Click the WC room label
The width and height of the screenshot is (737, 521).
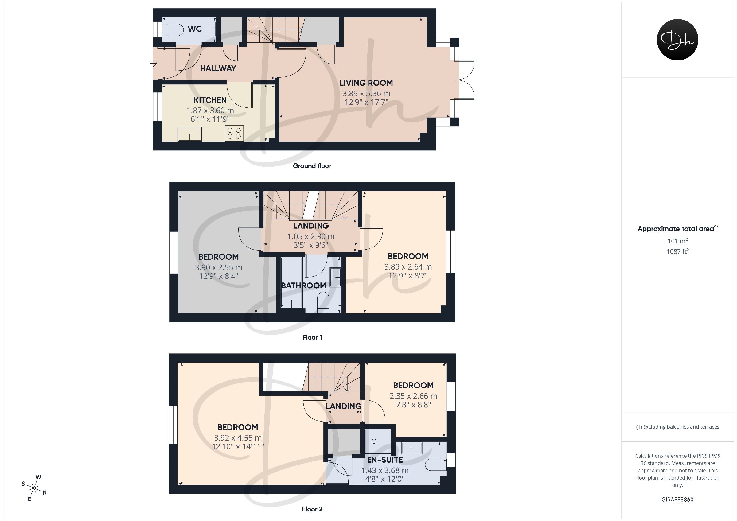tap(194, 29)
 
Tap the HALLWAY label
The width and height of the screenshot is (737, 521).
tap(218, 68)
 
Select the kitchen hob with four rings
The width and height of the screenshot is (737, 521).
tap(234, 133)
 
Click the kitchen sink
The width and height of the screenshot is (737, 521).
tap(190, 134)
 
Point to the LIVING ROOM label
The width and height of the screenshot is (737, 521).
tap(366, 83)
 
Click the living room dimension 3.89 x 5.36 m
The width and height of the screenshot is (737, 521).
tap(366, 94)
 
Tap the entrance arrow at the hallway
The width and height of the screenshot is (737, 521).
tap(154, 64)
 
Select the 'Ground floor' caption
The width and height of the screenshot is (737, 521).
tap(312, 166)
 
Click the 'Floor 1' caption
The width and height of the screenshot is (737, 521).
tap(312, 337)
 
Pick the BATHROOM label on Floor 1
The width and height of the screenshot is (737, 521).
tap(303, 286)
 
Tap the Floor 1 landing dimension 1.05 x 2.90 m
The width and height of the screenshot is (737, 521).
tap(311, 237)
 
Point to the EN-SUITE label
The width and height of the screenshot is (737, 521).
tap(385, 460)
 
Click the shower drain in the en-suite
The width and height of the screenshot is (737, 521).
tap(373, 441)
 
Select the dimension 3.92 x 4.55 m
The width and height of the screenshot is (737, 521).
tap(238, 438)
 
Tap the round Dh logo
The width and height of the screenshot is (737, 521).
tap(677, 40)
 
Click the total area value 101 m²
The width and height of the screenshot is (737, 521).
tap(678, 241)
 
